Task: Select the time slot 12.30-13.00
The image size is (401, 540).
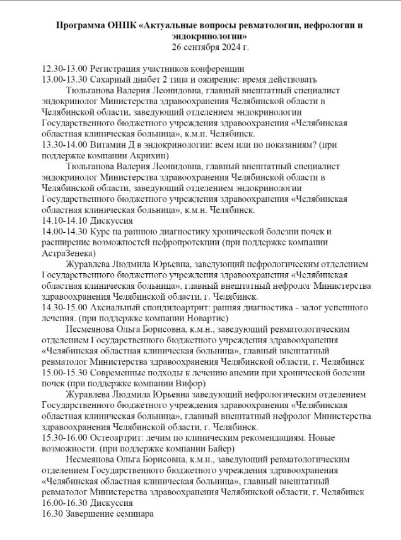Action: tap(64, 68)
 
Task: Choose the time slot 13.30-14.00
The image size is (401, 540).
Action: tap(64, 144)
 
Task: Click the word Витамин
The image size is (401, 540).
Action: tap(110, 144)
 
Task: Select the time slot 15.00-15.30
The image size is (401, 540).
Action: tap(64, 372)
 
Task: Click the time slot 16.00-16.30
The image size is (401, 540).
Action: tap(64, 502)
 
